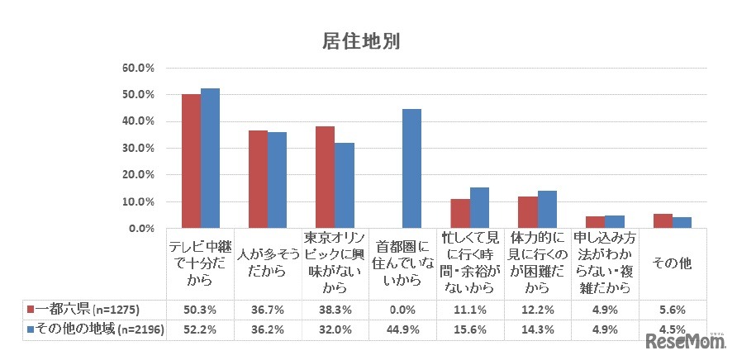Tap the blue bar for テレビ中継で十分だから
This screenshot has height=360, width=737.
(x=210, y=159)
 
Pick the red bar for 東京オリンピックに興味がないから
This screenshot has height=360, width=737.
(x=325, y=177)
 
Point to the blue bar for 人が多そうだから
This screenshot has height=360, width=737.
(x=277, y=180)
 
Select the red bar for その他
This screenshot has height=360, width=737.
(x=663, y=220)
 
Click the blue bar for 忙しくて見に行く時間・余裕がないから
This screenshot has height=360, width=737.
(x=479, y=207)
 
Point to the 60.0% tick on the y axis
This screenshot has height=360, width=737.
(x=140, y=69)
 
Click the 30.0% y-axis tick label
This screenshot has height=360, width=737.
(x=140, y=149)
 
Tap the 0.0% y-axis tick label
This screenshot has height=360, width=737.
(x=142, y=228)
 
